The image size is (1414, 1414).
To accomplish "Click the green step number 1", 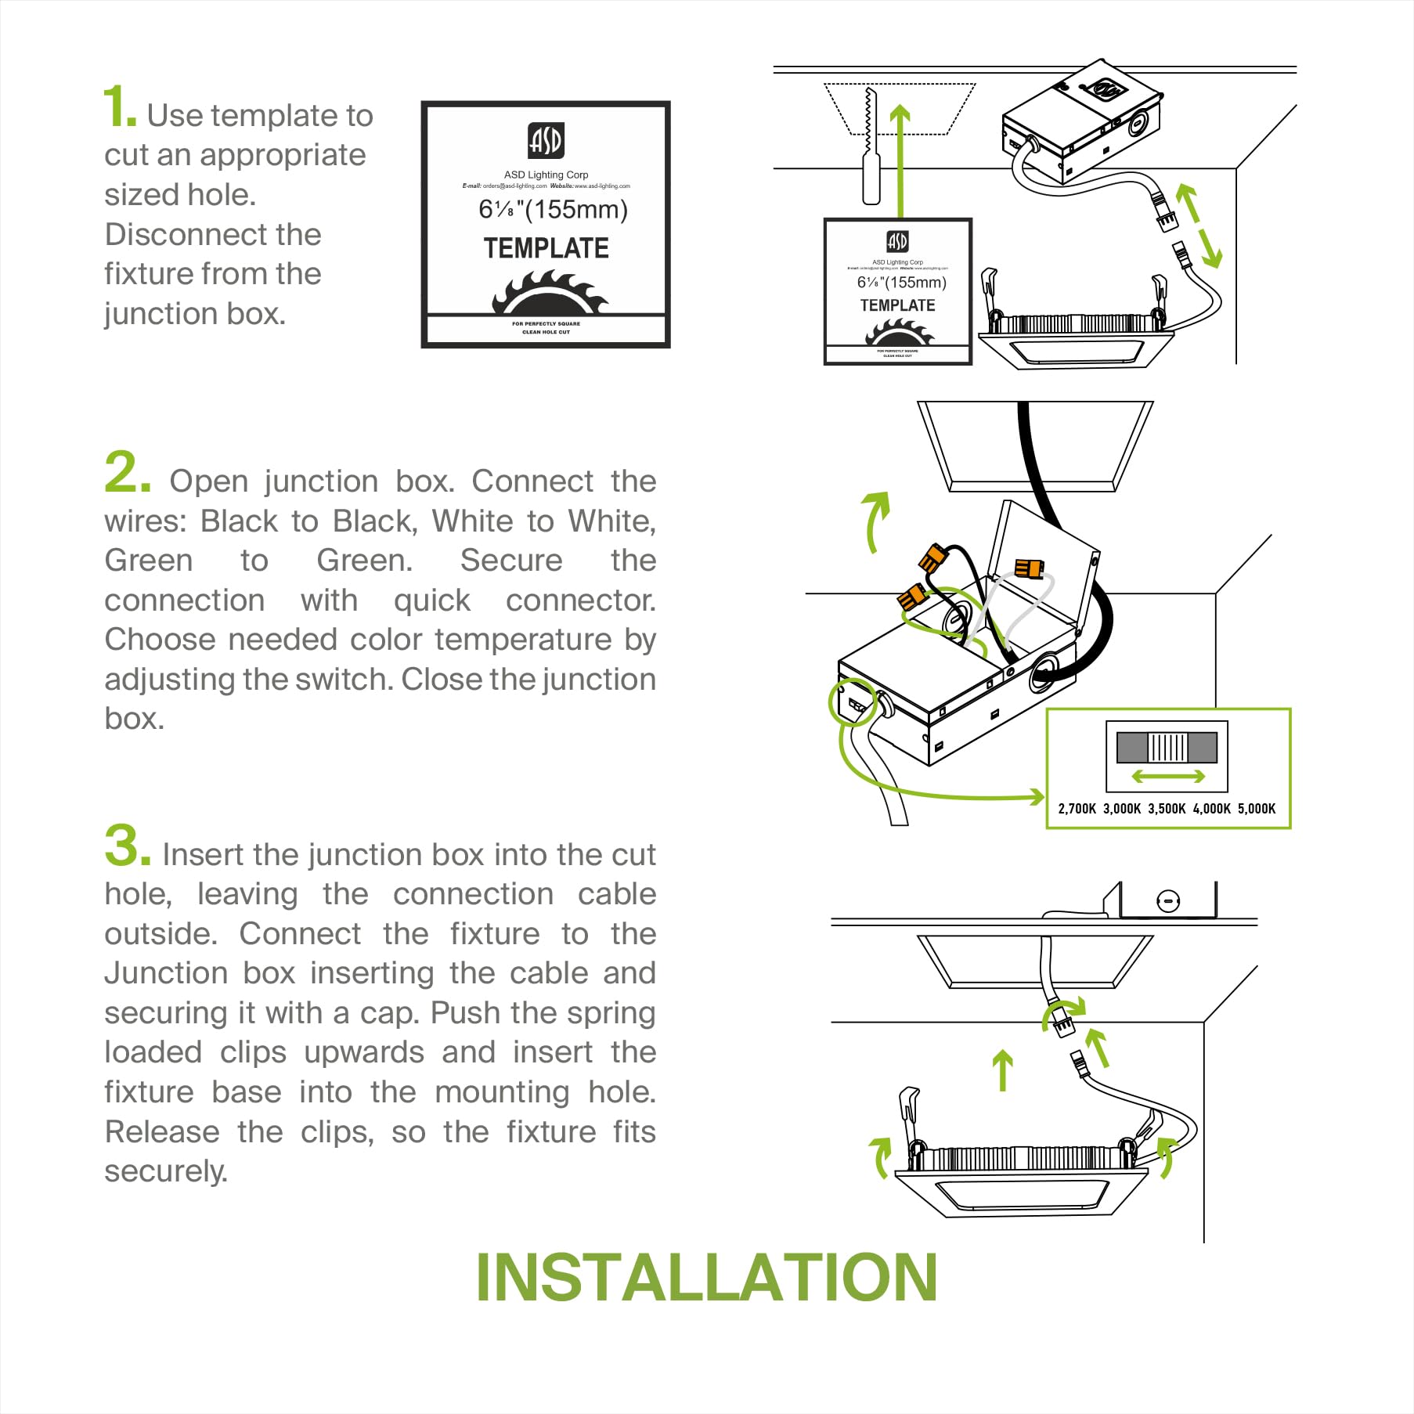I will [x=119, y=108].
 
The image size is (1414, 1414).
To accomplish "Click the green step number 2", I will [x=127, y=473].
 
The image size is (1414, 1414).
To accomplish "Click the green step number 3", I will [x=127, y=846].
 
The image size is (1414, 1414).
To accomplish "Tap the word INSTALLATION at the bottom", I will [x=706, y=1279].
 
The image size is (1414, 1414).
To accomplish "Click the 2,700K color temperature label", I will [x=1077, y=809].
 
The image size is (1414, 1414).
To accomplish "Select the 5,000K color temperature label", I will [x=1257, y=809].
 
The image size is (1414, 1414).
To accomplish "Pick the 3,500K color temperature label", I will [x=1167, y=809].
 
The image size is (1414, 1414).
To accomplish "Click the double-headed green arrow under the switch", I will [x=1168, y=776].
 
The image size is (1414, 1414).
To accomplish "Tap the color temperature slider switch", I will [x=1167, y=748].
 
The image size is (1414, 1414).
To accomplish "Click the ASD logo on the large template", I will [x=546, y=140].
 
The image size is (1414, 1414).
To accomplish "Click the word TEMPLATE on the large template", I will [x=546, y=248].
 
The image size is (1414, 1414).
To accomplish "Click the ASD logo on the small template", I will [x=897, y=241].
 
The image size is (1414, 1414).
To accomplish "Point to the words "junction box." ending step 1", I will [x=195, y=314].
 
